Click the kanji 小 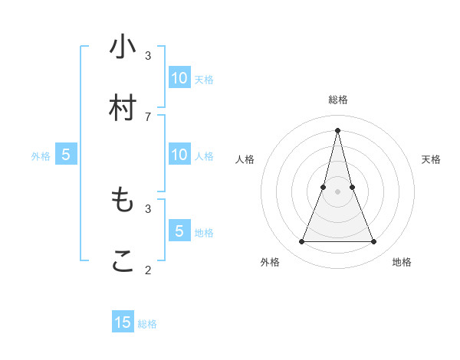[123, 47]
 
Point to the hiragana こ [123, 261]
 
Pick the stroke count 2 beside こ [148, 270]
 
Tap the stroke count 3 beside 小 [148, 55]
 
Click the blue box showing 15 [123, 322]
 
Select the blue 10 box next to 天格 [179, 77]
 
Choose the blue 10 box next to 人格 [179, 154]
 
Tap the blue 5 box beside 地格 [179, 231]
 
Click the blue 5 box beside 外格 [66, 155]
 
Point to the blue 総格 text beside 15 [147, 324]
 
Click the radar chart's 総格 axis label [337, 100]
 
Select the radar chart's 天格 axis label [431, 159]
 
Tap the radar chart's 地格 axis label [402, 262]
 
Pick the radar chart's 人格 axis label [245, 159]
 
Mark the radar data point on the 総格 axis [337, 129]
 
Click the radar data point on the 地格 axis [374, 242]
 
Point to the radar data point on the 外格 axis [301, 242]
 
